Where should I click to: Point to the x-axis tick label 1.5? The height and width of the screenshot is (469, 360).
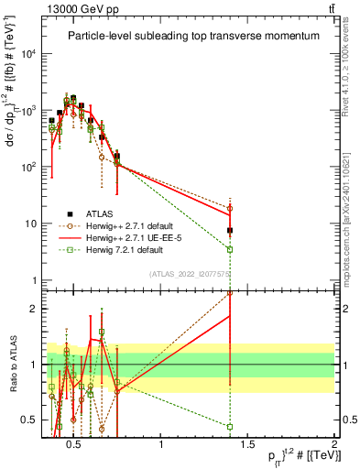247,445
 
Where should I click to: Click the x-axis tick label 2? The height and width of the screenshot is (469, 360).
334,445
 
